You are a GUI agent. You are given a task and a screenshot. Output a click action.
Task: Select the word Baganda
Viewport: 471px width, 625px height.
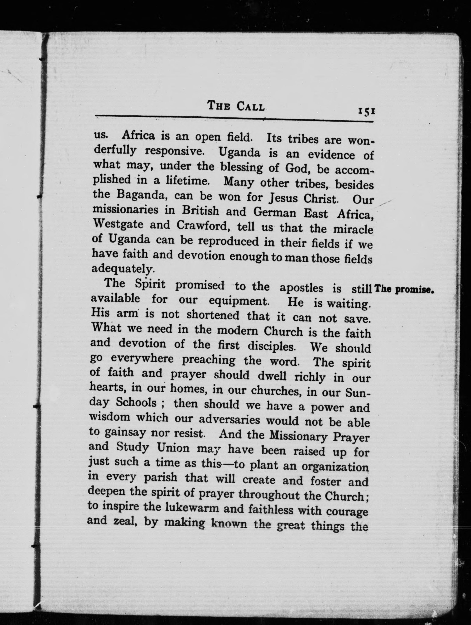[141, 195]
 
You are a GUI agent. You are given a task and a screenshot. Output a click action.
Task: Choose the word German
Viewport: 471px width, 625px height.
[275, 213]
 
